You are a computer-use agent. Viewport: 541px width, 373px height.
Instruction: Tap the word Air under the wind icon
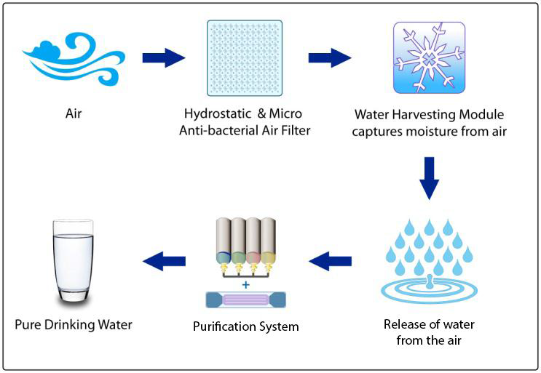coord(74,113)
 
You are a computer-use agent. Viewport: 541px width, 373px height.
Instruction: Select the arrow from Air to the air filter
coord(164,57)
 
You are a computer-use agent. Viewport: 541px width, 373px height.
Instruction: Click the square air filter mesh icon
coord(245,58)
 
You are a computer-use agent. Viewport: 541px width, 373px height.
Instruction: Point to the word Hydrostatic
coord(218,114)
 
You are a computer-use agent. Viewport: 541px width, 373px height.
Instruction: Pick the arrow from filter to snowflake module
coord(330,57)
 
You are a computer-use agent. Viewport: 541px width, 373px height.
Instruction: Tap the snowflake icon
coord(429,57)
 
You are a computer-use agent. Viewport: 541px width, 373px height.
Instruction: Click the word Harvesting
coord(428,115)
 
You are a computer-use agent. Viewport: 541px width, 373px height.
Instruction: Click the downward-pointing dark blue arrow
coord(429,178)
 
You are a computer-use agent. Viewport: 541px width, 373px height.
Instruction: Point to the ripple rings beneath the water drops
coord(429,290)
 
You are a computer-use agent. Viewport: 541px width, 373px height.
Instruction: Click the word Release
coord(404,324)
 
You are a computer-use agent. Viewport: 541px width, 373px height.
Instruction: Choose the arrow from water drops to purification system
coord(330,261)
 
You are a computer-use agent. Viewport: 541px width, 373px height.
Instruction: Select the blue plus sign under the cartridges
coord(245,285)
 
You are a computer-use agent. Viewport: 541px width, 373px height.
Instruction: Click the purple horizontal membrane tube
coord(245,300)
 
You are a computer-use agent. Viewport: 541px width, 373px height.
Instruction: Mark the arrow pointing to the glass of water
coord(165,261)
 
